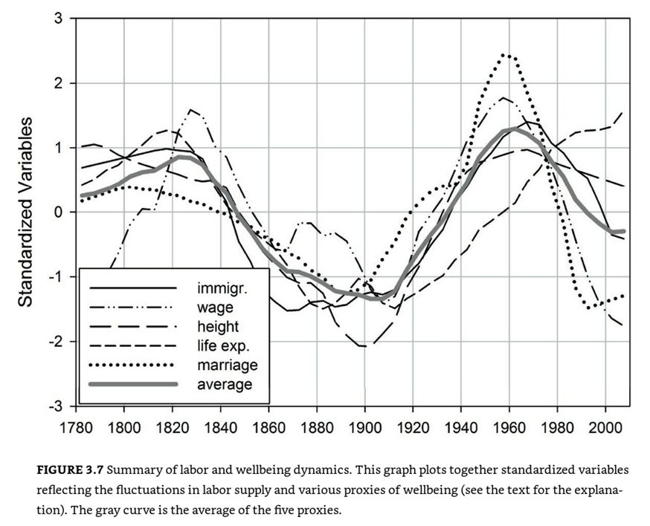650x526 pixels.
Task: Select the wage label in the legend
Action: [x=215, y=308]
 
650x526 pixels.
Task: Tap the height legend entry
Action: [x=218, y=326]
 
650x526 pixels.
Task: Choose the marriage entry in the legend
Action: [x=228, y=365]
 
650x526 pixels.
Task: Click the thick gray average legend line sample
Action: [x=133, y=384]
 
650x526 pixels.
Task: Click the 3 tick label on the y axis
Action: [x=58, y=19]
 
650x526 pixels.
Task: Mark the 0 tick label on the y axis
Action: [x=58, y=212]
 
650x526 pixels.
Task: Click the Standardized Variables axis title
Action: [x=25, y=212]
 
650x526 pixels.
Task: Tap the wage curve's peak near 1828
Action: [x=191, y=110]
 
